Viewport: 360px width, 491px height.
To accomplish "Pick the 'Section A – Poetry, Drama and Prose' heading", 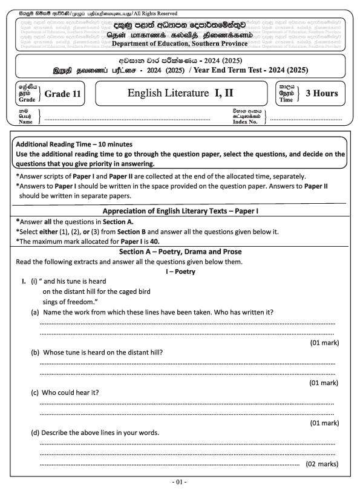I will click(x=180, y=251).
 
